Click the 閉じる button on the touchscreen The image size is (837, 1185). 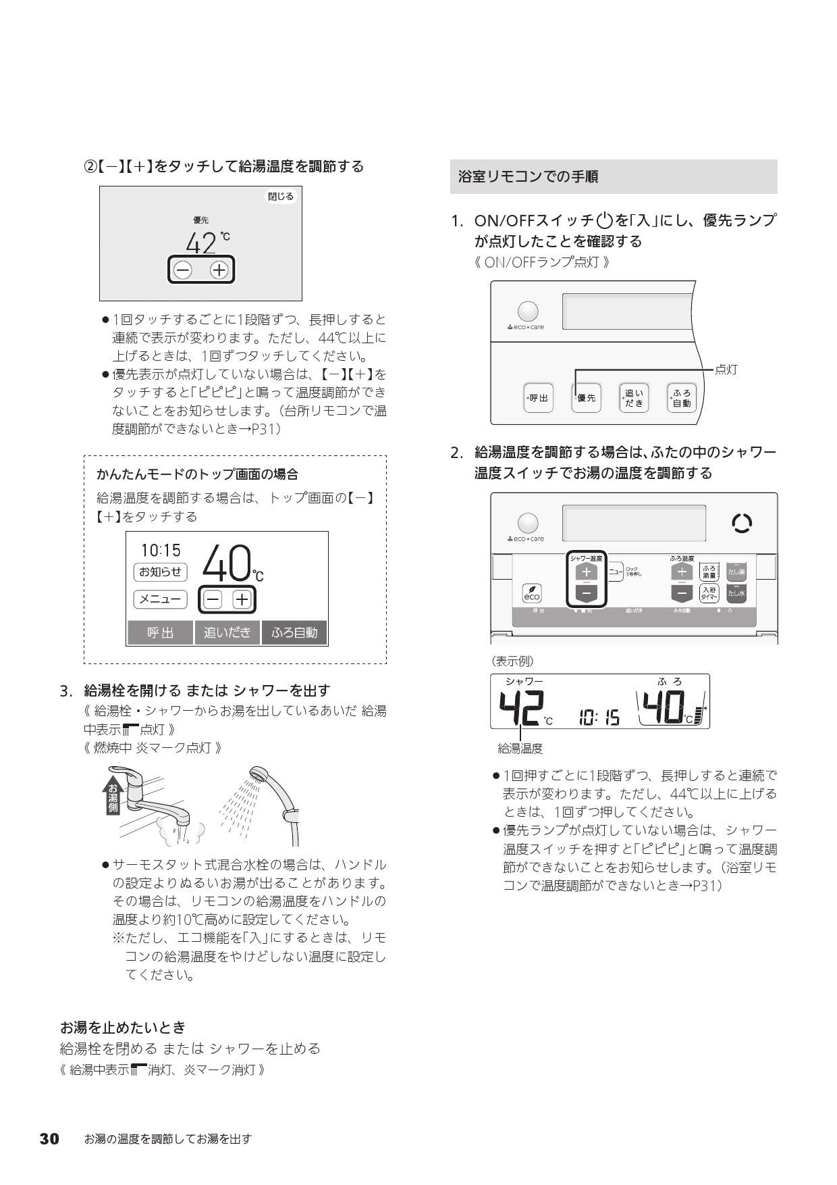point(281,197)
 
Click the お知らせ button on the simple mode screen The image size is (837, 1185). point(160,572)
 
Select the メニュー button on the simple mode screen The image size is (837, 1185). point(160,599)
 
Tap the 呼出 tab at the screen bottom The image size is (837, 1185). point(160,633)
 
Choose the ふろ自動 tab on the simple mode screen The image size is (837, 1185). point(294,633)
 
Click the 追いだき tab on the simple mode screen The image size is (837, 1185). point(227,633)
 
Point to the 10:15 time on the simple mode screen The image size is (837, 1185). point(161,551)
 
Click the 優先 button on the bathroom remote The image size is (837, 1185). point(586,399)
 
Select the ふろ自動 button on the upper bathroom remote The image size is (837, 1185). point(680,399)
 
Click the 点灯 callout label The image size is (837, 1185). point(726,370)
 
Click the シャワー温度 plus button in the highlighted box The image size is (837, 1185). point(586,572)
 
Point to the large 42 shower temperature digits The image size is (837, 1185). point(521,709)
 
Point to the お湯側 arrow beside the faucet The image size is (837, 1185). point(112,797)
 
